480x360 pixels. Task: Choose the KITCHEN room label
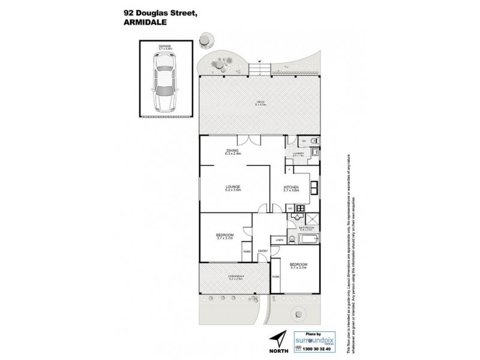coord(291,188)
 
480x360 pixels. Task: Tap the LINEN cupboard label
coord(279,241)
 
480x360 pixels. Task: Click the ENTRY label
coord(262,251)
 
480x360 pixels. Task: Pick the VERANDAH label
coord(235,277)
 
